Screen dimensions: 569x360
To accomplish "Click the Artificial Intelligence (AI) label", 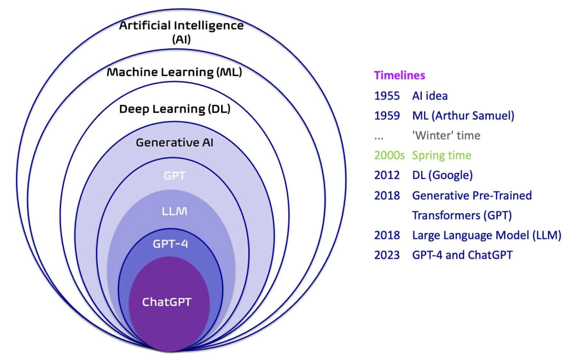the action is tap(182, 32).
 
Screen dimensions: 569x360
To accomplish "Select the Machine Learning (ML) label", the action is tap(174, 72).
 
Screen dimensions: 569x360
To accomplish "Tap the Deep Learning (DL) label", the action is tap(174, 109).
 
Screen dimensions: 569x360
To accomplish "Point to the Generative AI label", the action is tap(174, 143).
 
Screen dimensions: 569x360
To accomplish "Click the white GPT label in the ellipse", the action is tap(174, 176).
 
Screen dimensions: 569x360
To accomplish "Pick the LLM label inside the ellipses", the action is tap(174, 211).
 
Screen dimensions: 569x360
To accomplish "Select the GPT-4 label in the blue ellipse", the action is tap(170, 243).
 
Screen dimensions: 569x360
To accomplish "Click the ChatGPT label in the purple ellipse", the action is tap(167, 302).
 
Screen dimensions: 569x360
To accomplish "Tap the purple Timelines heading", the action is tap(400, 75).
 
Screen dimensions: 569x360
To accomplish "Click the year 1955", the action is tap(387, 96).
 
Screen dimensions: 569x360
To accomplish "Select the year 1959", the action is tap(387, 116).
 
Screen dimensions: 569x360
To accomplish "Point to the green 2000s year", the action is tap(390, 156).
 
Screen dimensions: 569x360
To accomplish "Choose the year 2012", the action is tap(387, 176).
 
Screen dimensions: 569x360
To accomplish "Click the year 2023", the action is tap(387, 255).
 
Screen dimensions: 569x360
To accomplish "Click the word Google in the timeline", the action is tap(452, 176).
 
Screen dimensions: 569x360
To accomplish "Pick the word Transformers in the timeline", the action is tap(441, 215).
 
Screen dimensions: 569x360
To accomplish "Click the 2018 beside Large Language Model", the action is tap(387, 235).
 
